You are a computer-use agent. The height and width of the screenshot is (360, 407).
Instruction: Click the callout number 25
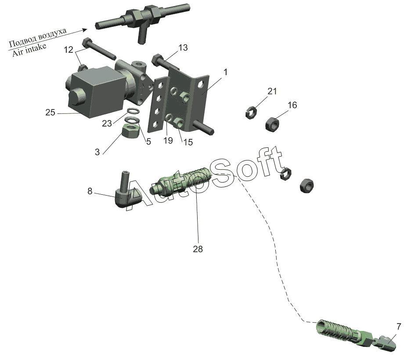point(50,113)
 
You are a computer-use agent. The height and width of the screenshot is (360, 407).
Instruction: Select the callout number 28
point(198,249)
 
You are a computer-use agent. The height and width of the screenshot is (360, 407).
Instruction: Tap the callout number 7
point(398,326)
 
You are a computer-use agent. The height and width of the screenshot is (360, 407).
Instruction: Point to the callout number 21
point(272,91)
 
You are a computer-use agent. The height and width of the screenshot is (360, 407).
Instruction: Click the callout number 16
point(292,105)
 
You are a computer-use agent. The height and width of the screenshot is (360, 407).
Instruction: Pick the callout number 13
point(183,48)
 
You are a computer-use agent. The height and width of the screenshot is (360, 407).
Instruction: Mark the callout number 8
point(90,191)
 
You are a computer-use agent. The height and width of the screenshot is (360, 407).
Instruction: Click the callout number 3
point(97,152)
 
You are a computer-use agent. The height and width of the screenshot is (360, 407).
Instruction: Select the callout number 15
point(187,142)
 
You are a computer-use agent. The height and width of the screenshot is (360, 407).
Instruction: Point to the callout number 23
point(107,124)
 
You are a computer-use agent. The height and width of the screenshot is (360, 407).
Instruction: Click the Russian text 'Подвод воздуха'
point(38,38)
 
